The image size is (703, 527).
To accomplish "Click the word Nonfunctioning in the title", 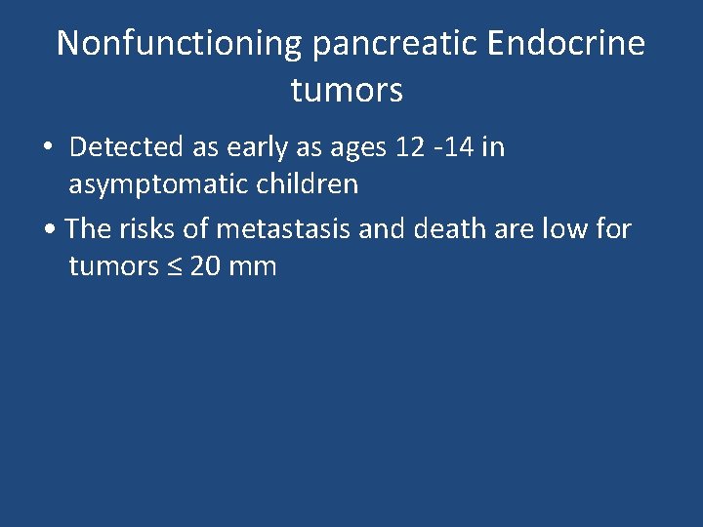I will [x=180, y=44].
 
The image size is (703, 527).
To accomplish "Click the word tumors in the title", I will [x=347, y=91].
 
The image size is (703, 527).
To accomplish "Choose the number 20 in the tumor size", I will [x=206, y=265].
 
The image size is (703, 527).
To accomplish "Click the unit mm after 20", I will [x=254, y=266].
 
